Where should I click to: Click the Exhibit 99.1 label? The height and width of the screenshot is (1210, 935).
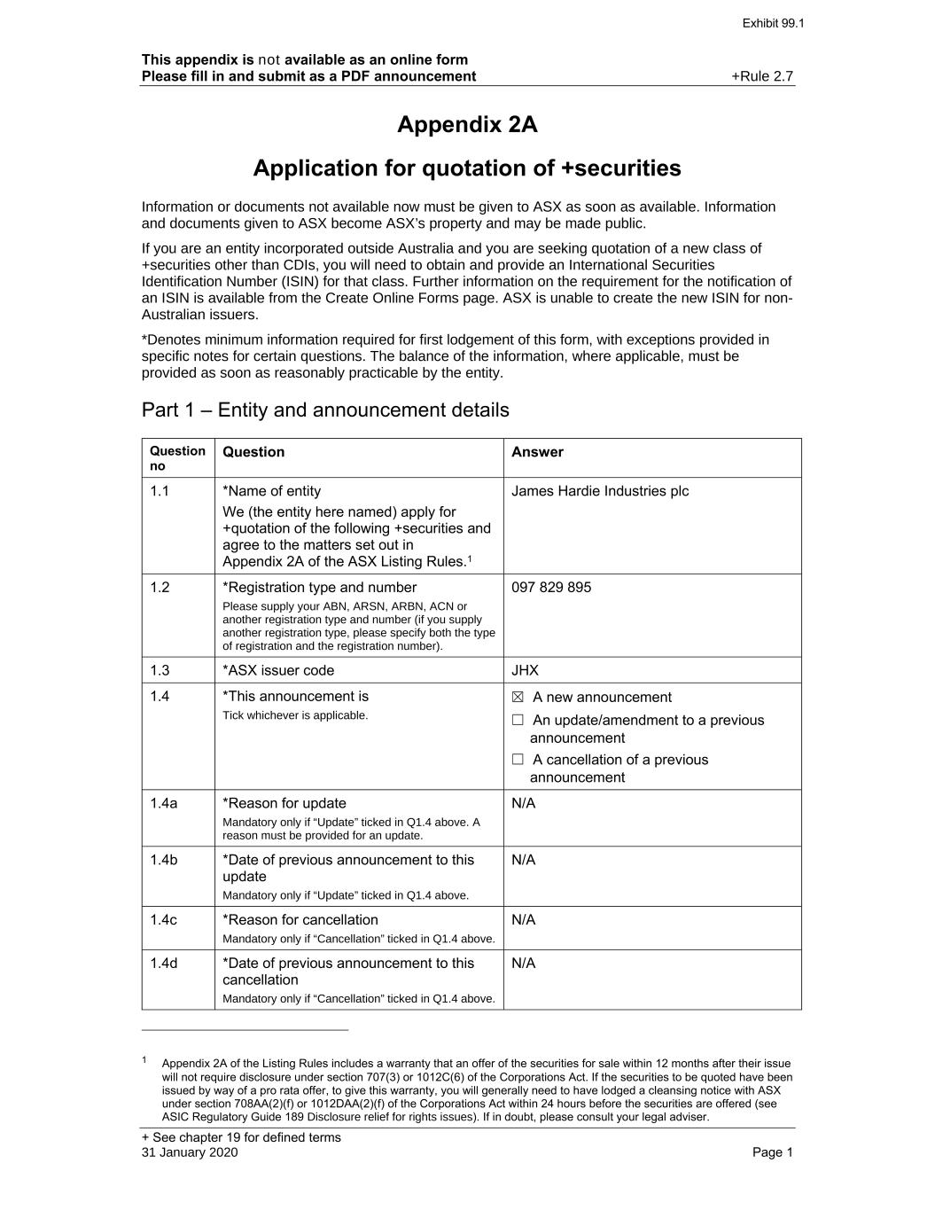(773, 23)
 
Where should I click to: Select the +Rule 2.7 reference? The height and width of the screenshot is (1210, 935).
(762, 76)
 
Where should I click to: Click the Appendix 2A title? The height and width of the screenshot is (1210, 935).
(467, 125)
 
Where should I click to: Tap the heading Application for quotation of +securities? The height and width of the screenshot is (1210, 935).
(467, 168)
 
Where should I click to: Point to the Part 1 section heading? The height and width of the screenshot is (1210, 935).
(325, 410)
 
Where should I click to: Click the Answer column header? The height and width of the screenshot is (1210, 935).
(537, 452)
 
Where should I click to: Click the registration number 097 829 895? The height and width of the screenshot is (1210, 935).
(551, 588)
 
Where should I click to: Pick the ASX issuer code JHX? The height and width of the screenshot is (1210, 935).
(525, 670)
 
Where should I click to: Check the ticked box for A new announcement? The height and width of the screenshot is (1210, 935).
(518, 698)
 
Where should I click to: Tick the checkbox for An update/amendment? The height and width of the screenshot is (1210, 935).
(518, 721)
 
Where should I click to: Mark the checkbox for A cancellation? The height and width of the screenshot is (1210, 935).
(518, 760)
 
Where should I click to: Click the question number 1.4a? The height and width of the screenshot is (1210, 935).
(164, 803)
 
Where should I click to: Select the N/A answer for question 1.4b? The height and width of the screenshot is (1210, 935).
(524, 860)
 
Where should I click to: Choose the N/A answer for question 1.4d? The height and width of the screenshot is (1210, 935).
(524, 964)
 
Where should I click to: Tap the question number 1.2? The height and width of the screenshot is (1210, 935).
(160, 588)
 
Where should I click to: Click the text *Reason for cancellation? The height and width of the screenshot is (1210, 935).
(300, 920)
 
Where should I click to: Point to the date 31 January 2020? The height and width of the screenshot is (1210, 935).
(190, 1152)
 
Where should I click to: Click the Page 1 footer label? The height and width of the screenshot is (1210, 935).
(773, 1152)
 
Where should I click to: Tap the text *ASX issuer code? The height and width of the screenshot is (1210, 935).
(278, 670)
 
